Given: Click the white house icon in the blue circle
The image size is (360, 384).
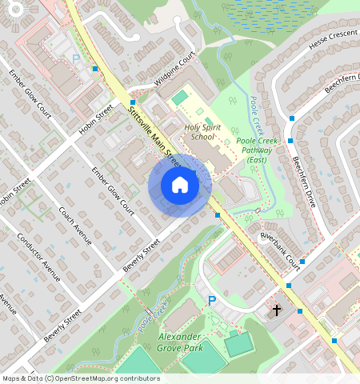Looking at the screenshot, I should tap(180, 185).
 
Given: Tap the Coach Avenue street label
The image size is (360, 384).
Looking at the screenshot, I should tap(75, 226).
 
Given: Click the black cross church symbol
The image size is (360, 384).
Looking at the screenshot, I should tap(278, 310).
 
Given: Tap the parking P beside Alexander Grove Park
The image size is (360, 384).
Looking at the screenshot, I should tap(212, 301).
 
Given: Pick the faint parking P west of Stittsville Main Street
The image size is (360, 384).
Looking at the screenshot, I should tap(76, 58).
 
